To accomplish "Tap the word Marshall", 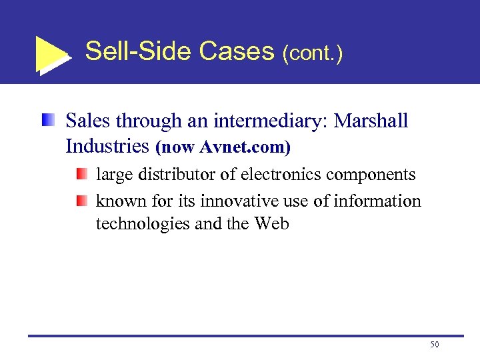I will (x=371, y=121).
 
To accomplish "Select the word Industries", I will (x=107, y=145).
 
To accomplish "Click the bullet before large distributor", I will (x=81, y=175).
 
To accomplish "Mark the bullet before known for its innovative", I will (x=81, y=201).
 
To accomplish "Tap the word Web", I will (x=272, y=223).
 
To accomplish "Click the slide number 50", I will (x=435, y=345).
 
